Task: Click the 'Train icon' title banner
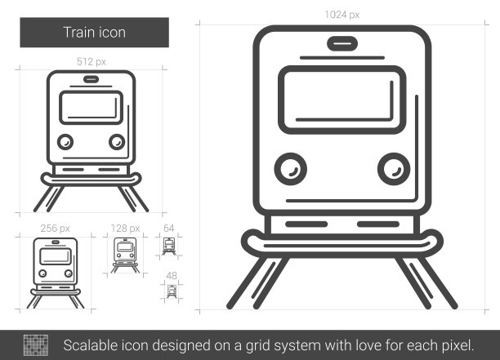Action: coord(95,33)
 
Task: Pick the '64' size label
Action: coord(168,228)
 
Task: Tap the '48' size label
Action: coord(172,276)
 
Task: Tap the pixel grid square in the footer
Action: coord(36,345)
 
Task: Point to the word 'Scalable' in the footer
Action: coord(90,345)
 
